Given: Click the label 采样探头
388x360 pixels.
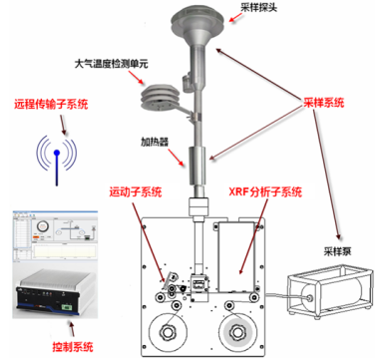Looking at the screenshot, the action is coord(258,8).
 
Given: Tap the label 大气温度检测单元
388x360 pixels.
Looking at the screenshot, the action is coord(111,64).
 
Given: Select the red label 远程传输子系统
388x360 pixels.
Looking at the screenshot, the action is coord(51,104).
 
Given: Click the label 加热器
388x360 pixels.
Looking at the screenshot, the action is coord(155,142).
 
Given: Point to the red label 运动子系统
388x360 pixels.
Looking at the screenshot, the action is coord(136,191).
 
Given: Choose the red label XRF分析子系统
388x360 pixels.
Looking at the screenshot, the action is coord(265,191).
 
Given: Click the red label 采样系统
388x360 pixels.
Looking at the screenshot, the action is coord(323,103).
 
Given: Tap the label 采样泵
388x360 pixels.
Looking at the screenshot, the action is coord(337,251).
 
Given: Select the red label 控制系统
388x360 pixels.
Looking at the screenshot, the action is coord(73,347).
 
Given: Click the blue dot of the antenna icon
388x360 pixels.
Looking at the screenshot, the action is coord(57,153).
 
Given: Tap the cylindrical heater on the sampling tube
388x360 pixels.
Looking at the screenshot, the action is coord(197,166).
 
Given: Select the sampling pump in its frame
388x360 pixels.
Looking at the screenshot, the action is coord(330,292).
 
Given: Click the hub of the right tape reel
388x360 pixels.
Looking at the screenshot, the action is coord(237,332).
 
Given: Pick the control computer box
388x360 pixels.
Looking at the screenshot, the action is coord(55,292).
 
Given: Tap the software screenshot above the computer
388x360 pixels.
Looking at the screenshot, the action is coord(55,236).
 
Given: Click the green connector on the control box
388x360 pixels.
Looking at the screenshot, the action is coord(68,306).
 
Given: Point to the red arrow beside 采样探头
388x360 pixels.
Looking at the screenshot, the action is coord(235,18).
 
